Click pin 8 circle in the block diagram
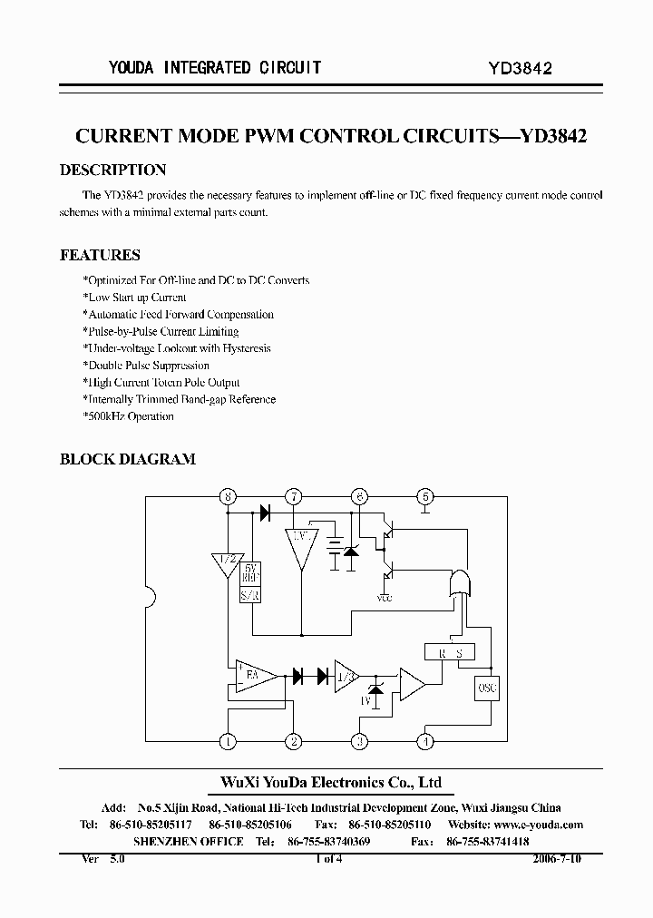coord(228,496)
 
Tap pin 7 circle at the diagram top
coord(294,496)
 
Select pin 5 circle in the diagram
coord(424,496)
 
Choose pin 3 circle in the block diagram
coord(359,741)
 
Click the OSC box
coord(487,688)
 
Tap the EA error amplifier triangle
coord(258,676)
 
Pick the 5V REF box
coord(250,574)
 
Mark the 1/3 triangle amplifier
coord(345,676)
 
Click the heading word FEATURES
coord(100,255)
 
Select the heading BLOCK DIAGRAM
coord(127,459)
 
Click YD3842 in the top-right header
coord(521,68)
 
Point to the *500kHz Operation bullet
coord(128,416)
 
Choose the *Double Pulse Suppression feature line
coord(145,366)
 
